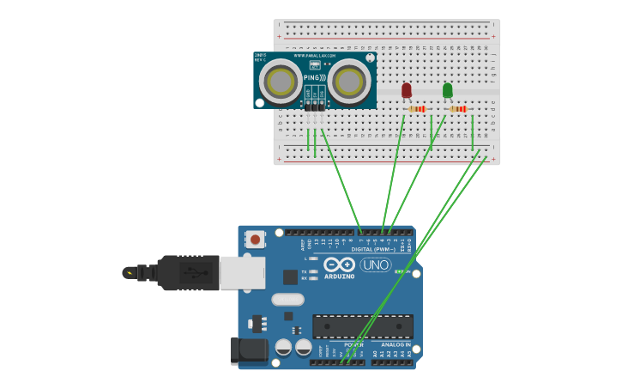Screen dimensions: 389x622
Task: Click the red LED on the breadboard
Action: click(x=407, y=89)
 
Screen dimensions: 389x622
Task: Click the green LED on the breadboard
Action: click(x=447, y=89)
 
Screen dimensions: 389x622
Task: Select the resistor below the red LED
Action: click(x=417, y=109)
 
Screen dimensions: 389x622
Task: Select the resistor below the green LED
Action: click(x=457, y=109)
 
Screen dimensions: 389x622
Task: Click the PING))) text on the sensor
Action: click(x=314, y=78)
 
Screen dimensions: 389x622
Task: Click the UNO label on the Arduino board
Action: click(x=375, y=264)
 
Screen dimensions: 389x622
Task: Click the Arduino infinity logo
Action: click(x=340, y=264)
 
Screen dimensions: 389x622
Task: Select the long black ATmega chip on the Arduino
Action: click(x=362, y=326)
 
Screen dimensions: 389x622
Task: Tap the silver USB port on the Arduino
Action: click(x=242, y=273)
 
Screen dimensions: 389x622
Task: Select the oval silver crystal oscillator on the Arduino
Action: click(x=288, y=300)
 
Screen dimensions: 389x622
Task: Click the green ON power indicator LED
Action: click(x=400, y=271)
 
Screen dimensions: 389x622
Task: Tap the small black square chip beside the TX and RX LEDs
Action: click(x=291, y=277)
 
